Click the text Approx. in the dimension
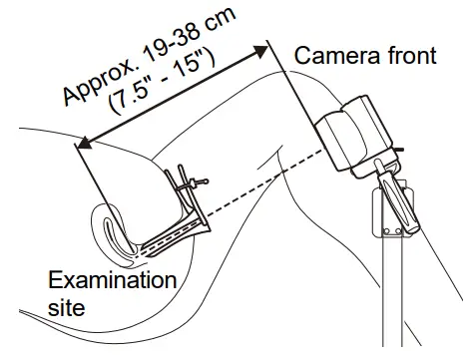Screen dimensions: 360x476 96,84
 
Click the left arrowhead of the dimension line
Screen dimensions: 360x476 83,144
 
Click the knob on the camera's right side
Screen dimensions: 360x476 399,150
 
